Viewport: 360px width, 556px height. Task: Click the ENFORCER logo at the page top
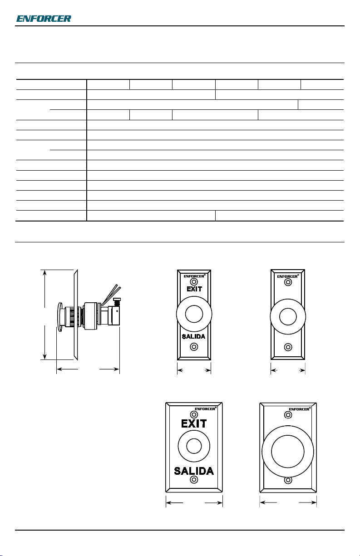point(44,19)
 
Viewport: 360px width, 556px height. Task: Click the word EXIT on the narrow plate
point(194,289)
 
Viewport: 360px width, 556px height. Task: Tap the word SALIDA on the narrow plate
point(194,336)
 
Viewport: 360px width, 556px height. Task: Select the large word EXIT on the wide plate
point(194,423)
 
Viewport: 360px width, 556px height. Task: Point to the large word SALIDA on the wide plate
point(194,471)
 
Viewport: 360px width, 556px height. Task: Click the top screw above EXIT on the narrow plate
point(194,282)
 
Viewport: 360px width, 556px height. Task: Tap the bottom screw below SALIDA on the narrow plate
point(194,347)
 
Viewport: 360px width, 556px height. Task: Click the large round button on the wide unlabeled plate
point(288,452)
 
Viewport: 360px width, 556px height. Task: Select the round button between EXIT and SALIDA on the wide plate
point(194,446)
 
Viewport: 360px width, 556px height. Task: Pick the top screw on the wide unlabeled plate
point(288,415)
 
